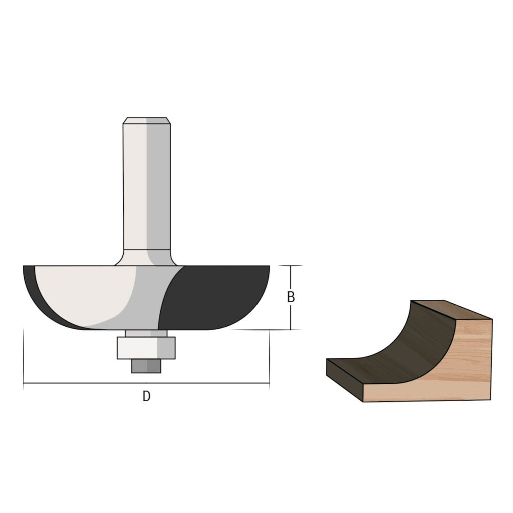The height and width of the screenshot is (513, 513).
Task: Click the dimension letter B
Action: click(x=291, y=297)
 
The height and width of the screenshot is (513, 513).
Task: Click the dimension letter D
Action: click(x=146, y=396)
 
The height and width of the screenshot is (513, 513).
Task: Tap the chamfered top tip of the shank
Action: click(x=146, y=120)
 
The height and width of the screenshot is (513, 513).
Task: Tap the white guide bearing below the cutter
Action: click(x=146, y=348)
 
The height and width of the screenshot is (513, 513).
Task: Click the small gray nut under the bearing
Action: click(x=146, y=366)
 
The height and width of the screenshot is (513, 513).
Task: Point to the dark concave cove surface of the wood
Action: click(x=401, y=346)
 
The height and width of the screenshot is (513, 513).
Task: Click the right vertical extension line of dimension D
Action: click(x=269, y=358)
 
